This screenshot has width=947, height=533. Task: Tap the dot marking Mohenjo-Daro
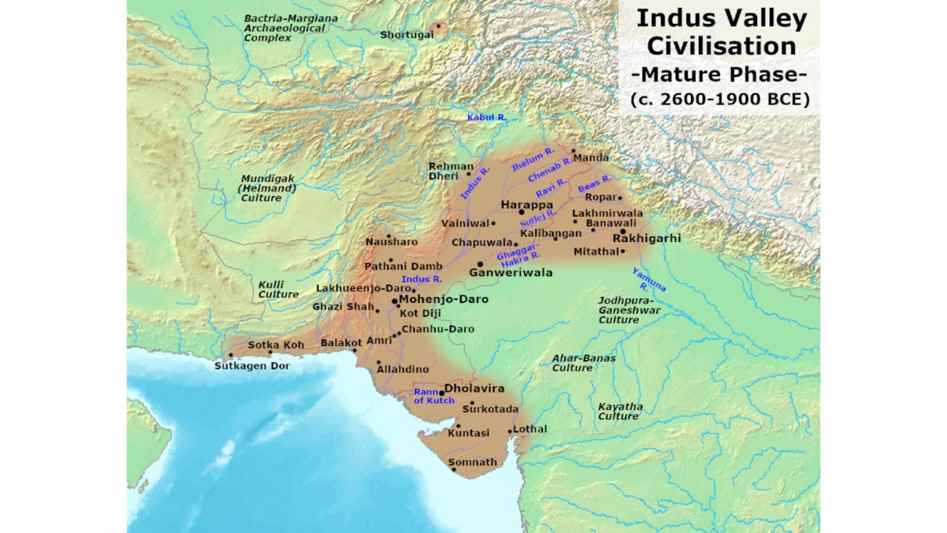coord(394,301)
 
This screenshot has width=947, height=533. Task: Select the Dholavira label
coord(474,388)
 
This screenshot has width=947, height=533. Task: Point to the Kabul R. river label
coord(487,117)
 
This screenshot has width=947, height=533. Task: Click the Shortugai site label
coord(407,35)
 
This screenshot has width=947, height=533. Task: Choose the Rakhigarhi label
coord(646,238)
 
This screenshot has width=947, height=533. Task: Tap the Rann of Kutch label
coord(434,396)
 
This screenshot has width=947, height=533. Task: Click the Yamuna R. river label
coord(648,280)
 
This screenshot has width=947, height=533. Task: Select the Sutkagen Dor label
coord(252,366)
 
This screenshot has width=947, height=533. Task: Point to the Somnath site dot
coord(454,470)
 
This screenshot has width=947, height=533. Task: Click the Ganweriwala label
coord(511,272)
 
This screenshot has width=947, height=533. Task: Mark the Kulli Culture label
coord(278,290)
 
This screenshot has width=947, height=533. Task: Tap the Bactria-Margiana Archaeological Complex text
coord(290,28)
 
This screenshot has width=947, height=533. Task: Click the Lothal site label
coord(530,429)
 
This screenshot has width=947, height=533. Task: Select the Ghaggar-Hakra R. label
coord(519,256)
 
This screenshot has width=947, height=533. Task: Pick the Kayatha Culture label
coord(620,411)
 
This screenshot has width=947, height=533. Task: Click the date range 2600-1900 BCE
coord(720,99)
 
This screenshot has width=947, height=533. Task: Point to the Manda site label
coord(591,158)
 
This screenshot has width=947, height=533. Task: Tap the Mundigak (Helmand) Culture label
coord(268,188)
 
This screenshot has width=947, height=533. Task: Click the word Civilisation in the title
coord(721,46)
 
